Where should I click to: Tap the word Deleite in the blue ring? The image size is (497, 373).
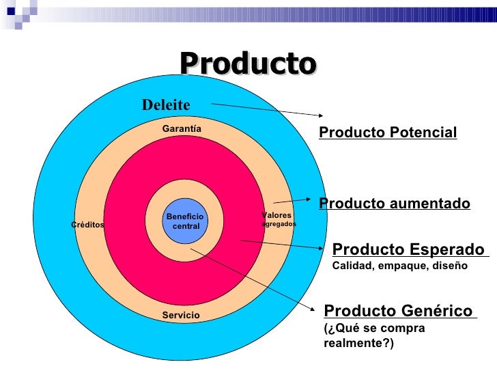(165, 105)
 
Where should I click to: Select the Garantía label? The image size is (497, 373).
(182, 128)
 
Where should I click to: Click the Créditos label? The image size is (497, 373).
(88, 224)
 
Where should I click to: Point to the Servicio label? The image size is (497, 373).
(181, 315)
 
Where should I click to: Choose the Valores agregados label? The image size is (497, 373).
(279, 219)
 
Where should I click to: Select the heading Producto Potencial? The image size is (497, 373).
(388, 133)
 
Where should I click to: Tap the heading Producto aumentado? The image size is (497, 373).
(395, 204)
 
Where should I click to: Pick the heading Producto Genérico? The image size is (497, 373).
(399, 312)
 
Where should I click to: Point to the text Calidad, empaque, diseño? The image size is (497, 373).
(399, 266)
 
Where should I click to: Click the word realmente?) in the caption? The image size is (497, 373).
(358, 343)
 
